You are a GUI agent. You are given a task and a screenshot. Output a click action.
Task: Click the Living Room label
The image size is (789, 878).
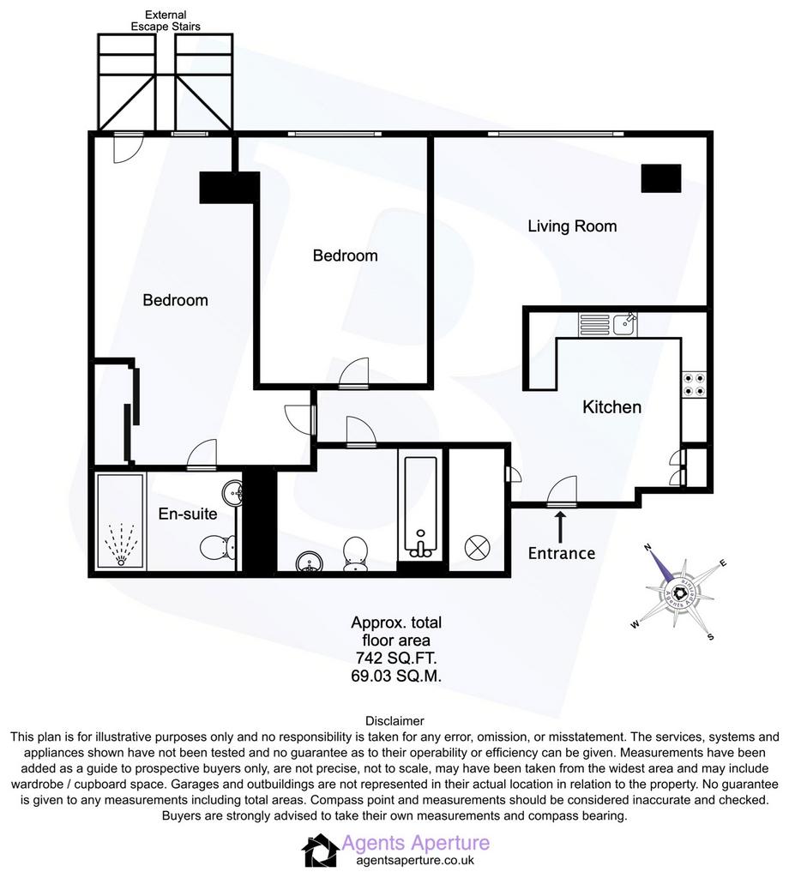(572, 226)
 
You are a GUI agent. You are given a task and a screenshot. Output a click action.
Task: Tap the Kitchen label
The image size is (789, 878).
(611, 407)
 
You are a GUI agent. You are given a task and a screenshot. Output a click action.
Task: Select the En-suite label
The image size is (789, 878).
(188, 514)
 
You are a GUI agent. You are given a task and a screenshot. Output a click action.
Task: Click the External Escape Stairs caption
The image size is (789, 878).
(166, 21)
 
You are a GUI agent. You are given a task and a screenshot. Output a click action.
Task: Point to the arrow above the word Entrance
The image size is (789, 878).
(559, 526)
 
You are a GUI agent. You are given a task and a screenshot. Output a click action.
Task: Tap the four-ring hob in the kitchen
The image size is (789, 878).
(694, 385)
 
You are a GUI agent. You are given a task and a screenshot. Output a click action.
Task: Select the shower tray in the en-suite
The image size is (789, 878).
(121, 522)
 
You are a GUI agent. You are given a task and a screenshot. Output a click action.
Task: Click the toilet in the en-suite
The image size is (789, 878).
(219, 547)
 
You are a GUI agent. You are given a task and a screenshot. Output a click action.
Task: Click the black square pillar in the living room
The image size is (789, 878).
(660, 178)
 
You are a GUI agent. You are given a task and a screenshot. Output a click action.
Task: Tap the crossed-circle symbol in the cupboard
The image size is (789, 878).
(478, 548)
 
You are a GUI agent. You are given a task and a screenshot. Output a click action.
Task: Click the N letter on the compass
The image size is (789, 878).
(648, 547)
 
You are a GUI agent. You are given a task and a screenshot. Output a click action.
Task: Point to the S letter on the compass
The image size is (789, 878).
(711, 637)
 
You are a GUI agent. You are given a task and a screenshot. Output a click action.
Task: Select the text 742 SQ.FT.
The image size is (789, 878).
(396, 658)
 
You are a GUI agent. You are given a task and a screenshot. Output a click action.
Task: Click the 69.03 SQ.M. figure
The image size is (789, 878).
(396, 676)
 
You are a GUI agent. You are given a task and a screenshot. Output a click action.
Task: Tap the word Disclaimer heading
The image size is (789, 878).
(394, 721)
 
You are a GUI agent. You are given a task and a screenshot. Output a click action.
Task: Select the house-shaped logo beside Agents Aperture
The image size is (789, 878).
(320, 851)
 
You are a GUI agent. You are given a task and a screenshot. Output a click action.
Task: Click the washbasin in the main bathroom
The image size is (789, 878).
(309, 562)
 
